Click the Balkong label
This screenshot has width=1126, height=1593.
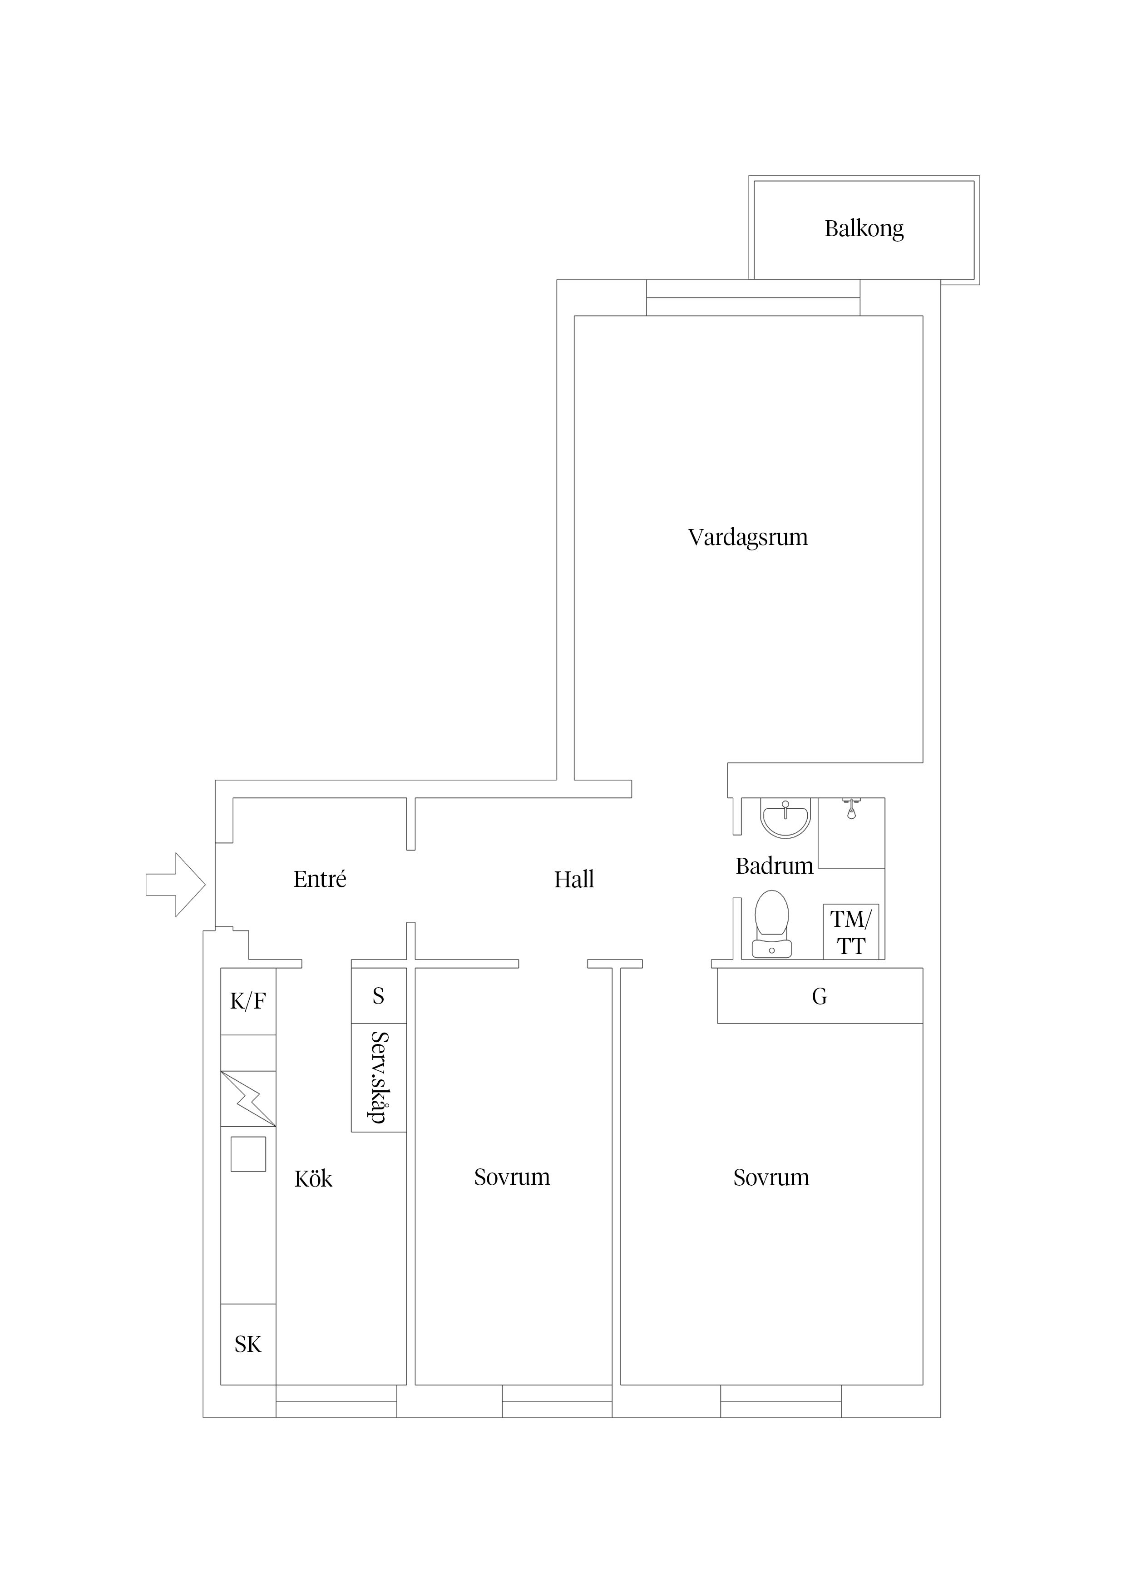pyautogui.click(x=863, y=228)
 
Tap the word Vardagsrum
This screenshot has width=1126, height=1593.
pyautogui.click(x=747, y=537)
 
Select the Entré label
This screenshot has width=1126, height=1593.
pyautogui.click(x=319, y=879)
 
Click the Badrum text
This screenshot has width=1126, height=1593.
pyautogui.click(x=774, y=866)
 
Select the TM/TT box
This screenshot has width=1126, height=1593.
pyautogui.click(x=850, y=932)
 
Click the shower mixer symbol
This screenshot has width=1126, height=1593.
pyautogui.click(x=851, y=809)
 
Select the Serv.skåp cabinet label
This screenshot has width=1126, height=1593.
pyautogui.click(x=378, y=1077)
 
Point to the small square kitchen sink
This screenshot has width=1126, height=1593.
pyautogui.click(x=248, y=1154)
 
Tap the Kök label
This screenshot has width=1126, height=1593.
pyautogui.click(x=313, y=1179)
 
